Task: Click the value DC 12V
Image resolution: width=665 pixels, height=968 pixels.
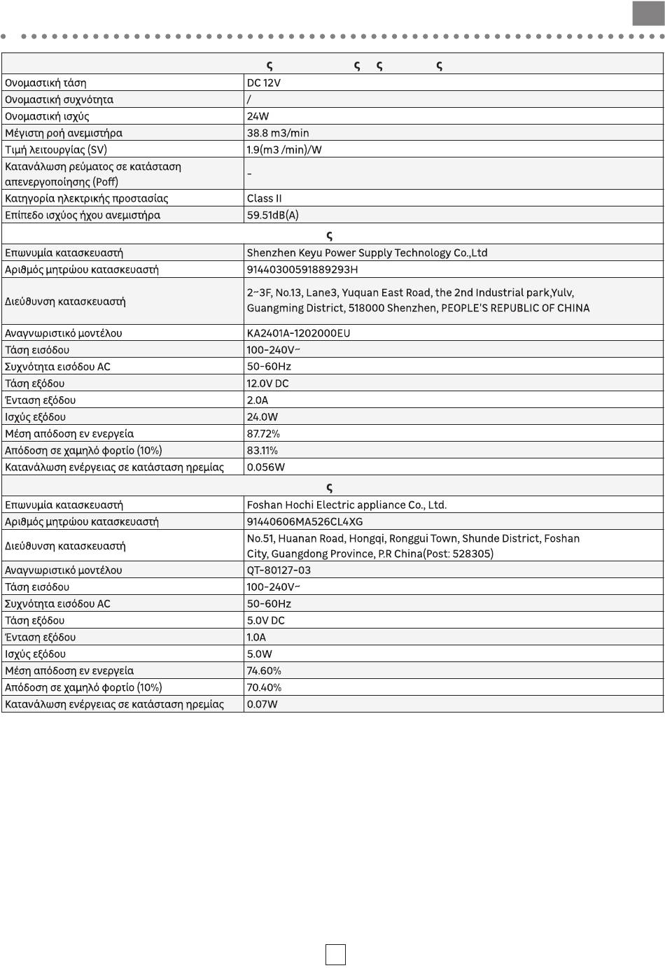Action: (263, 83)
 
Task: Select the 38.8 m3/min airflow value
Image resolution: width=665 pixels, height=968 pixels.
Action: (277, 133)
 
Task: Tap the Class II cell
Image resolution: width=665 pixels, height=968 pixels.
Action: (264, 198)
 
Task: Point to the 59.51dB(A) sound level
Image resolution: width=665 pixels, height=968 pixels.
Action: (272, 215)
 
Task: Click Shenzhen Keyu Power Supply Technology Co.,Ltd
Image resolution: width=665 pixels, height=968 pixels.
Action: (367, 253)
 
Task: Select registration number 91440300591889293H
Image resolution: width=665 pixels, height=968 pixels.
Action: (302, 269)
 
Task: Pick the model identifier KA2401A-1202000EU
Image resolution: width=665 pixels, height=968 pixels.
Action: (298, 333)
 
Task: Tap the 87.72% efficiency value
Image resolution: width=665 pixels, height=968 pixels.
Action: (263, 434)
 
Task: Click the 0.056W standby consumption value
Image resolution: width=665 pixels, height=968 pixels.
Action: (265, 468)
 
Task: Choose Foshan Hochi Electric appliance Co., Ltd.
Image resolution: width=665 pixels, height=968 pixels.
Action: (346, 505)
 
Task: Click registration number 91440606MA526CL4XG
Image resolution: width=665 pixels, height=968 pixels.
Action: (304, 521)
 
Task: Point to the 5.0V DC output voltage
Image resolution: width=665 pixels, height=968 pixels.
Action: (265, 621)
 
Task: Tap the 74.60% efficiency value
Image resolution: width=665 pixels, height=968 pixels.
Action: (264, 671)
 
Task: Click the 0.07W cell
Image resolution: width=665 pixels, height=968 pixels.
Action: (262, 704)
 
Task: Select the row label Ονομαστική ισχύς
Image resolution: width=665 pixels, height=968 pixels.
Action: (47, 116)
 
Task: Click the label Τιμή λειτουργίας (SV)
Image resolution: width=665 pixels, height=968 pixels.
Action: (56, 150)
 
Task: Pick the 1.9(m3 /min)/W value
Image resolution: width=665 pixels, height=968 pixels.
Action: (284, 150)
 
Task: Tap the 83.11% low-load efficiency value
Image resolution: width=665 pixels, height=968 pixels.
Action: (262, 451)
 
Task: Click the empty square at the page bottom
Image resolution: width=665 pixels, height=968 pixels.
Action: (335, 955)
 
